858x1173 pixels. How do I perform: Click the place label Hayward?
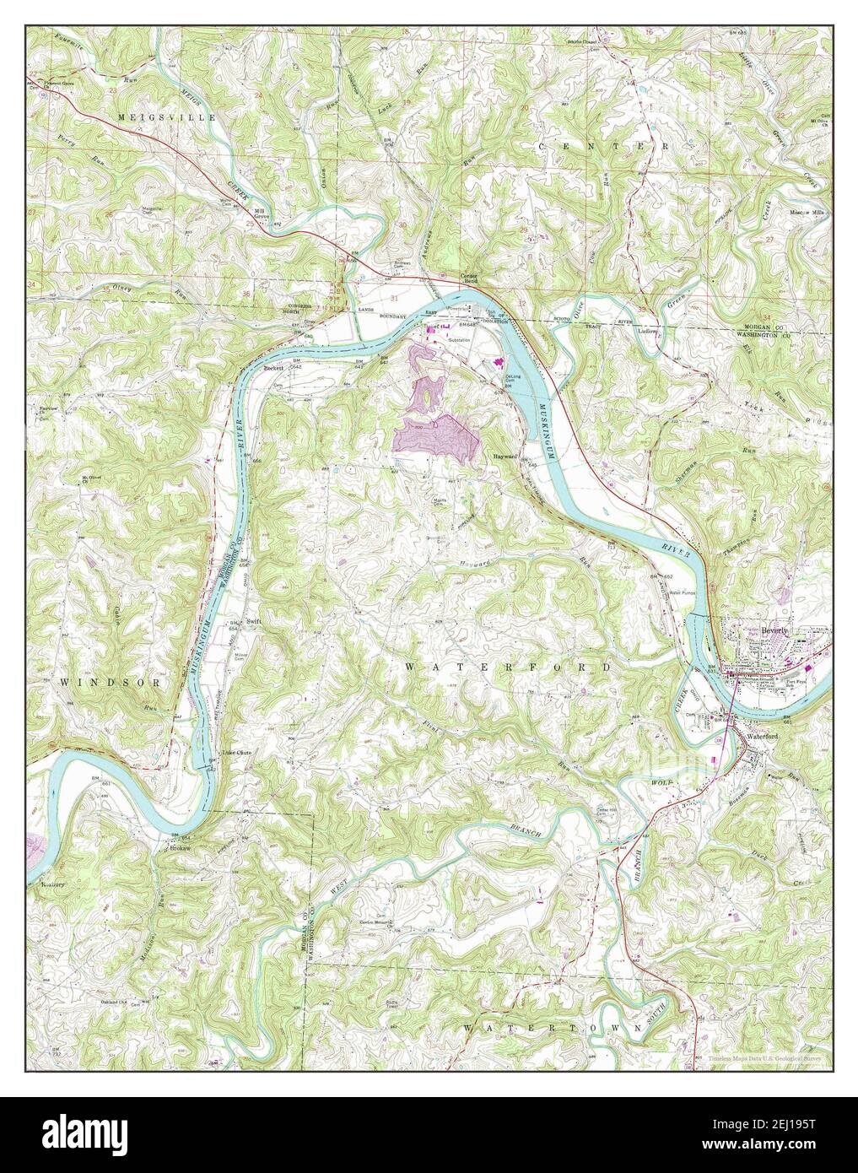pos(505,456)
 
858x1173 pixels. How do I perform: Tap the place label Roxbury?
pos(53,884)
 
